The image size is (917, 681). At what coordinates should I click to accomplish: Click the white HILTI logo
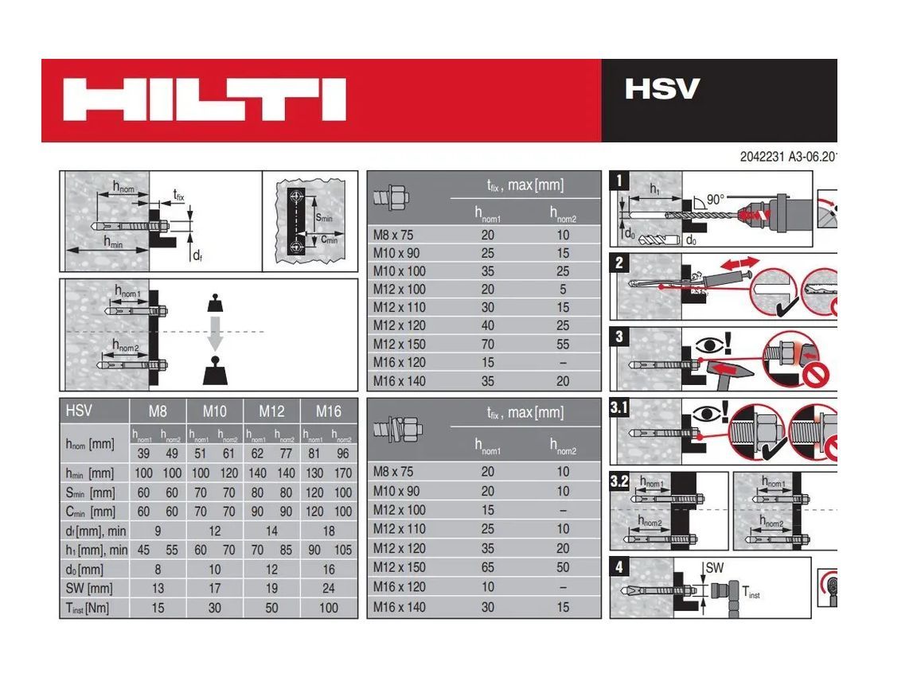tap(205, 99)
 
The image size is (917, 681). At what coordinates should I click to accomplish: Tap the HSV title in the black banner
tap(661, 88)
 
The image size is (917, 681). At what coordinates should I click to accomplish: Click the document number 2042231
tap(762, 157)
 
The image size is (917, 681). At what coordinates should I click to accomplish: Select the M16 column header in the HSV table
tap(328, 411)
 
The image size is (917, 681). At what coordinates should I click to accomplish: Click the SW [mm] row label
tap(89, 589)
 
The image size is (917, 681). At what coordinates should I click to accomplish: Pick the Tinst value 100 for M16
tap(328, 608)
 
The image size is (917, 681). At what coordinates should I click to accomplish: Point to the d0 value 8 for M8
tap(158, 570)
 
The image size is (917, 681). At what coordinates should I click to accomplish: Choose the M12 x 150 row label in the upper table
tap(400, 344)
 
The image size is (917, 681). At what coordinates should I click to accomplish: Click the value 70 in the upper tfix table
tap(487, 344)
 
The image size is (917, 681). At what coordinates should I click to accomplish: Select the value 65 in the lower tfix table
tap(487, 567)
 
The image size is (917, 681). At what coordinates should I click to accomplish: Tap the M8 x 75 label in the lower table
tap(394, 472)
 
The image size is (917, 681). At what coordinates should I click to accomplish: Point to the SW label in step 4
tap(713, 567)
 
